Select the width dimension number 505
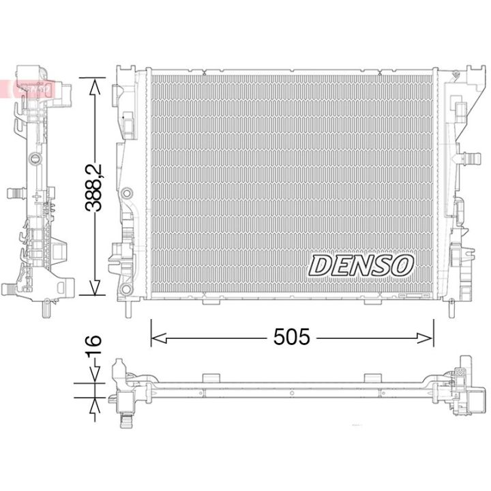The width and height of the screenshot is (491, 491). click(x=291, y=336)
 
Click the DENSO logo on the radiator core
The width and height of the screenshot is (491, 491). click(x=362, y=265)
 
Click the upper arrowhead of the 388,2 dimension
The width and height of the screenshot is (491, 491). click(x=94, y=85)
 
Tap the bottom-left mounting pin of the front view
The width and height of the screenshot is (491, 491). click(x=128, y=308)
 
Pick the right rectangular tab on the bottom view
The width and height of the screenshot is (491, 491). click(x=372, y=377)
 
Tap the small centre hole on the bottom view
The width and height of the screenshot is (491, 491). click(x=291, y=393)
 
